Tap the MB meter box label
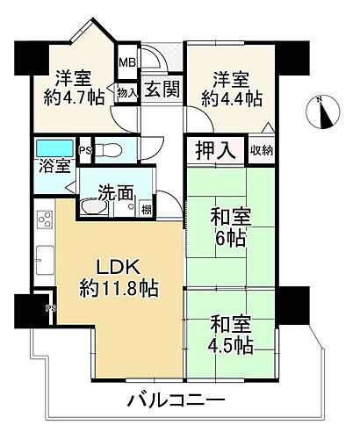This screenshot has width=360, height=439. pos(128,63)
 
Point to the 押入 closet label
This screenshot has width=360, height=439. pos(214,150)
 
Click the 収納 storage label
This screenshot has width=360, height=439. pos(262,150)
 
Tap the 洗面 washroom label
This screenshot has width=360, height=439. pos(114,190)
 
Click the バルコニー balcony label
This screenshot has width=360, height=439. pos(176,400)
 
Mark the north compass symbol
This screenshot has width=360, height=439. pos(324,112)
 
